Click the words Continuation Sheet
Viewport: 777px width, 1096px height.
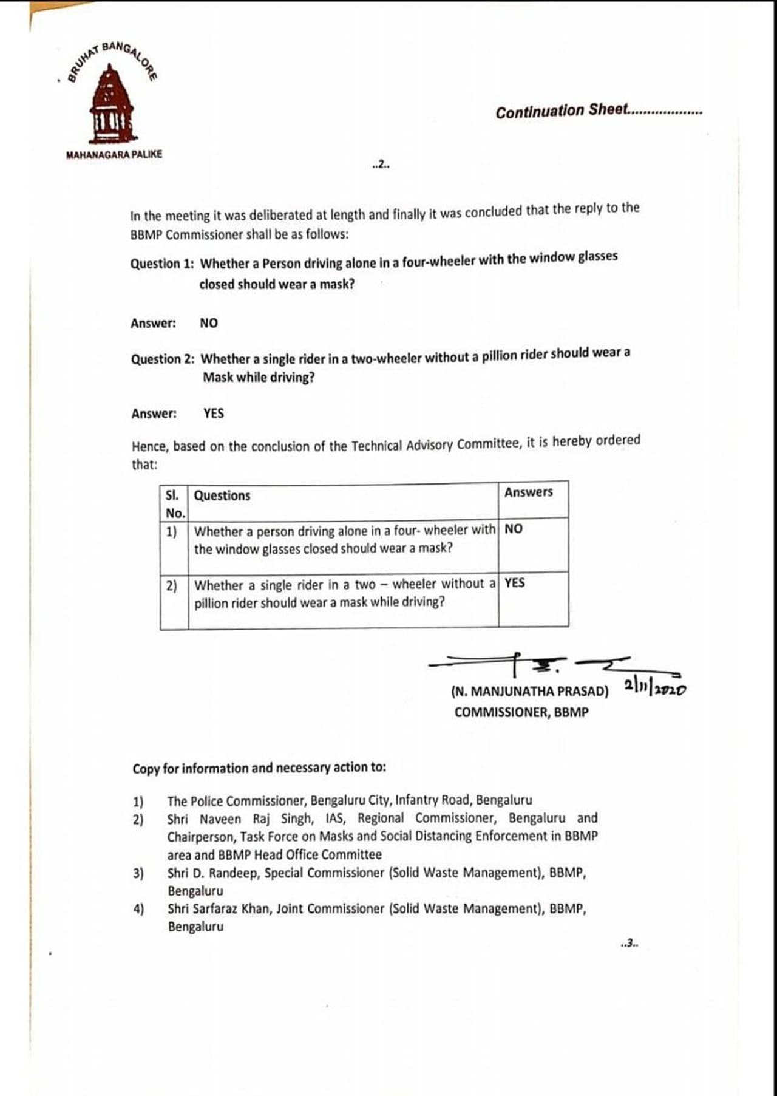click(561, 111)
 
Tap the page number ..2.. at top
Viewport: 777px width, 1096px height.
click(381, 164)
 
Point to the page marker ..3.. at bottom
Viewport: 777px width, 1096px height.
click(629, 944)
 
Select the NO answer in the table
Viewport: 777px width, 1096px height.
click(513, 529)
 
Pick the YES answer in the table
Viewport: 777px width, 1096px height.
click(514, 583)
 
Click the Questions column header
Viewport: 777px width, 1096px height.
click(222, 495)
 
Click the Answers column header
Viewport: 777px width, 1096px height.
click(528, 492)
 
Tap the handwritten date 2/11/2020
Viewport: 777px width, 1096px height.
click(654, 687)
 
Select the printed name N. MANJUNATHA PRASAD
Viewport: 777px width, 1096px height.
click(529, 692)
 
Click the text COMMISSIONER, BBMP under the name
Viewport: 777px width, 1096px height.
click(521, 712)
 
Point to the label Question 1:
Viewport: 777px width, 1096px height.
click(162, 264)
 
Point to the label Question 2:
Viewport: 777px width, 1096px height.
click(163, 359)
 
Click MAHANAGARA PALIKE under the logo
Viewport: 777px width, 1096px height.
click(114, 154)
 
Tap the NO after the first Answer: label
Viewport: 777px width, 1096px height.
click(209, 323)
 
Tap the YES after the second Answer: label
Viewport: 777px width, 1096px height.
click(214, 414)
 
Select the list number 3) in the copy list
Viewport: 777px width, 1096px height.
click(138, 873)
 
